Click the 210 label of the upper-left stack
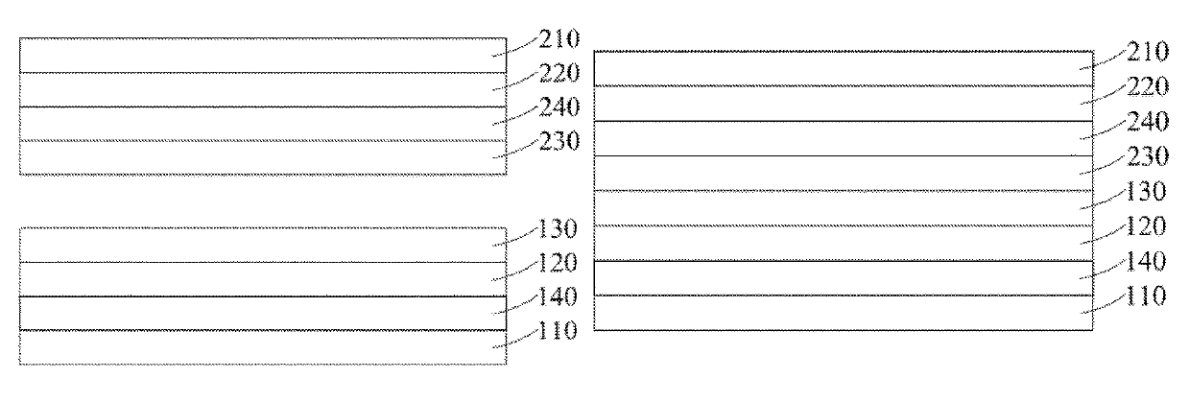[x=559, y=38]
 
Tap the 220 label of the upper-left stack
[x=559, y=73]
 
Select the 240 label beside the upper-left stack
[x=559, y=107]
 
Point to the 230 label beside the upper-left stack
[x=559, y=141]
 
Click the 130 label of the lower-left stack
[x=558, y=228]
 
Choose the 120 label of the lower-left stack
[x=558, y=263]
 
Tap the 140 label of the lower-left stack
[x=558, y=296]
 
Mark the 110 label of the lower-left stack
[x=558, y=330]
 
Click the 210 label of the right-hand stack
[x=1148, y=52]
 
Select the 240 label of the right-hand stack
[x=1148, y=122]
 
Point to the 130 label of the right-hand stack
[x=1146, y=191]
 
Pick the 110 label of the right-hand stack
[x=1146, y=296]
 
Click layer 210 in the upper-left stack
[x=263, y=55]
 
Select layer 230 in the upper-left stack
[x=263, y=157]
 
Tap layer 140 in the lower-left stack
[x=263, y=314]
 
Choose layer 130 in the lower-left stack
[x=263, y=245]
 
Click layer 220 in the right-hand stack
[x=844, y=104]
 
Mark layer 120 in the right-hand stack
[x=844, y=244]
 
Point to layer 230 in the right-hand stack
[x=844, y=174]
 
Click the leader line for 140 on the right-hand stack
[x=1103, y=269]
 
